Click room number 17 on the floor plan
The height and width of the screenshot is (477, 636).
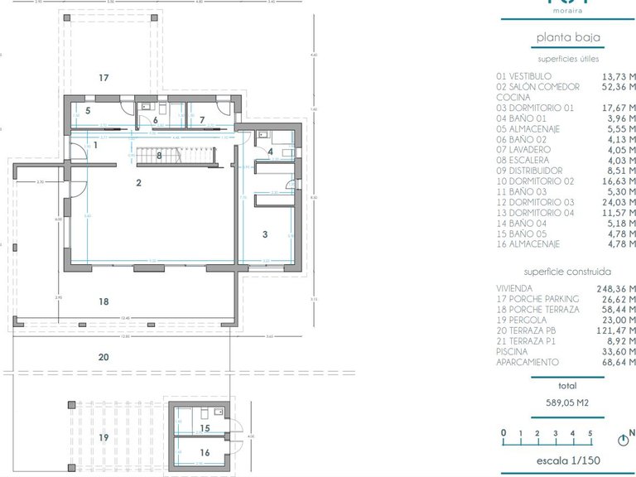(x=104, y=78)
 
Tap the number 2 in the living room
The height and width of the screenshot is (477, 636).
(x=139, y=182)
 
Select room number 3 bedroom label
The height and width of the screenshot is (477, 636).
(x=265, y=234)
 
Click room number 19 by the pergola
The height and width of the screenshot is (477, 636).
(x=104, y=437)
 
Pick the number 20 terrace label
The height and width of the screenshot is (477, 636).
(x=104, y=357)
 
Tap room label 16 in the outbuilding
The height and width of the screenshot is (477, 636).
(x=205, y=453)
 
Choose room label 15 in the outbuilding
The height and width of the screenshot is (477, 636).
(x=205, y=428)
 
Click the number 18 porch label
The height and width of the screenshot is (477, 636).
(x=104, y=302)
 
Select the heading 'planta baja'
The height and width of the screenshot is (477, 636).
(x=567, y=37)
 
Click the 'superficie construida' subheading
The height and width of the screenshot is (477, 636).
(x=567, y=271)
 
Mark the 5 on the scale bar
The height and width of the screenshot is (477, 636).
(x=590, y=432)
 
